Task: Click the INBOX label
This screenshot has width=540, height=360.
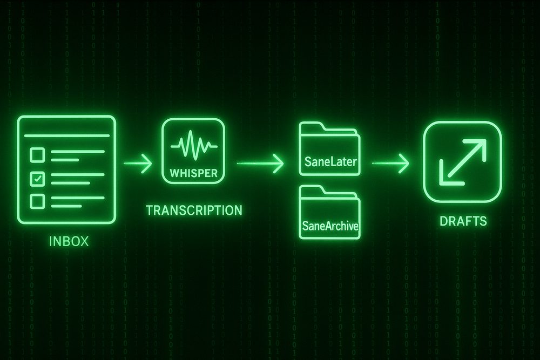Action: (x=69, y=241)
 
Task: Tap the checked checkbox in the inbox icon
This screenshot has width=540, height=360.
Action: (x=37, y=178)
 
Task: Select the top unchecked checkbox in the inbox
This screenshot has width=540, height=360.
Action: (x=37, y=155)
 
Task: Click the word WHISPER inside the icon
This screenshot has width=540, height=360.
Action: (x=193, y=174)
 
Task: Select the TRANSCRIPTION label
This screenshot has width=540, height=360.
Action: (x=194, y=210)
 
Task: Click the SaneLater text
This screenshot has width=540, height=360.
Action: (x=329, y=161)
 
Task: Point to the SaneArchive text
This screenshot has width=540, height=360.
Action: (x=329, y=226)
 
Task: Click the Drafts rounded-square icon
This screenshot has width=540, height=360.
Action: (x=462, y=160)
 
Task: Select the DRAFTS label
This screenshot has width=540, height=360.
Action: (x=462, y=221)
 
